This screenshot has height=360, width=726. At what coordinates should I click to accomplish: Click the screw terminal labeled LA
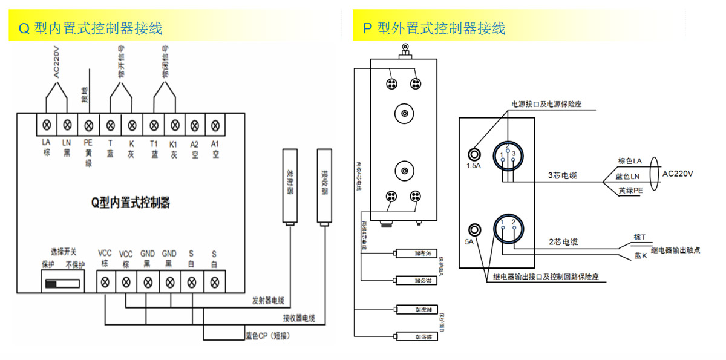(x=46, y=126)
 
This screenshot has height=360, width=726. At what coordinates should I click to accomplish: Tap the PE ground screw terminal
(x=88, y=126)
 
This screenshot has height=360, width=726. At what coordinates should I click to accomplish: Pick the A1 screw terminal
(x=214, y=126)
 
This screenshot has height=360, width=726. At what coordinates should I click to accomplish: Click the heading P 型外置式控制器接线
(x=434, y=28)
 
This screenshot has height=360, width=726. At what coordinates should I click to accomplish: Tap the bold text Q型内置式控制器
(x=130, y=203)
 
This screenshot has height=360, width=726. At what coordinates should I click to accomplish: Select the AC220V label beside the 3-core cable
(x=678, y=174)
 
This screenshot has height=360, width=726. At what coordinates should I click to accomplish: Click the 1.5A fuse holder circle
(x=474, y=154)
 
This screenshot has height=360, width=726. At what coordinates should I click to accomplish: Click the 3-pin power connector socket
(x=507, y=154)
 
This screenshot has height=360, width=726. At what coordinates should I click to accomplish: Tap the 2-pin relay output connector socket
(x=508, y=229)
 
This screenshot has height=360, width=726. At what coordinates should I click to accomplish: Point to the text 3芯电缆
(x=562, y=176)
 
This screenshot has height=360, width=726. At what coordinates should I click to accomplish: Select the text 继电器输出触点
(x=675, y=250)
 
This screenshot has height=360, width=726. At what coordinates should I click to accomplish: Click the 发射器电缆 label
(x=268, y=301)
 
